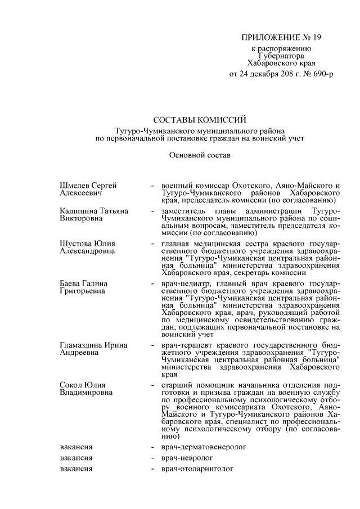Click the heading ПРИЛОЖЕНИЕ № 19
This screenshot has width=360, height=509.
281,38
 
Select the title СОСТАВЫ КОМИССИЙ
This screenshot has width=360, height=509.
200,119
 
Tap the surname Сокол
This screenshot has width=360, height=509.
71,385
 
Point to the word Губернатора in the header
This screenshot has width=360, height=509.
281,56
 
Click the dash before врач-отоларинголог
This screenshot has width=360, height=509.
152,469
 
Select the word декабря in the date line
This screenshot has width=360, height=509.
263,74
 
